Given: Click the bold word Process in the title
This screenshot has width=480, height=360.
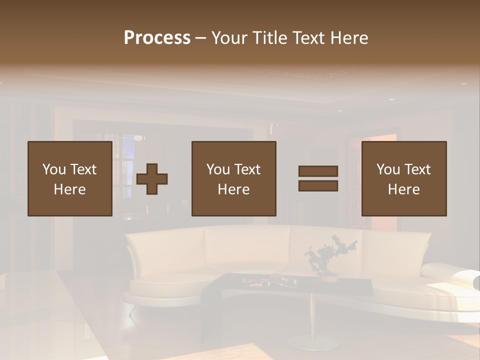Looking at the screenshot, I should (x=157, y=38).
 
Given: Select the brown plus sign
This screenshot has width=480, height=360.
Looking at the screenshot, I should (x=152, y=178).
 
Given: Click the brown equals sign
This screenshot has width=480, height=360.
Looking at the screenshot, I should (x=318, y=178).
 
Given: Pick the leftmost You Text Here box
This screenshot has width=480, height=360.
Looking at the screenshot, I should (x=70, y=178).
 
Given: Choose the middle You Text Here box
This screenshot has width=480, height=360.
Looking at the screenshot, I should (x=234, y=178).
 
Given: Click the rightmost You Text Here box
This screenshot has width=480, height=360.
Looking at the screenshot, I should (x=404, y=178).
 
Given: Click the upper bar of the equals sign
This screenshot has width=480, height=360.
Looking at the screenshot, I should (x=318, y=171).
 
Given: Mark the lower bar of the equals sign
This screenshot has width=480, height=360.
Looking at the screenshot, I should (x=318, y=186).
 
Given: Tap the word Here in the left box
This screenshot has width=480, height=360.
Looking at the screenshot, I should (x=70, y=189).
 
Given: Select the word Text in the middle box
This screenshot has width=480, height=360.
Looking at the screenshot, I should (x=247, y=169).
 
